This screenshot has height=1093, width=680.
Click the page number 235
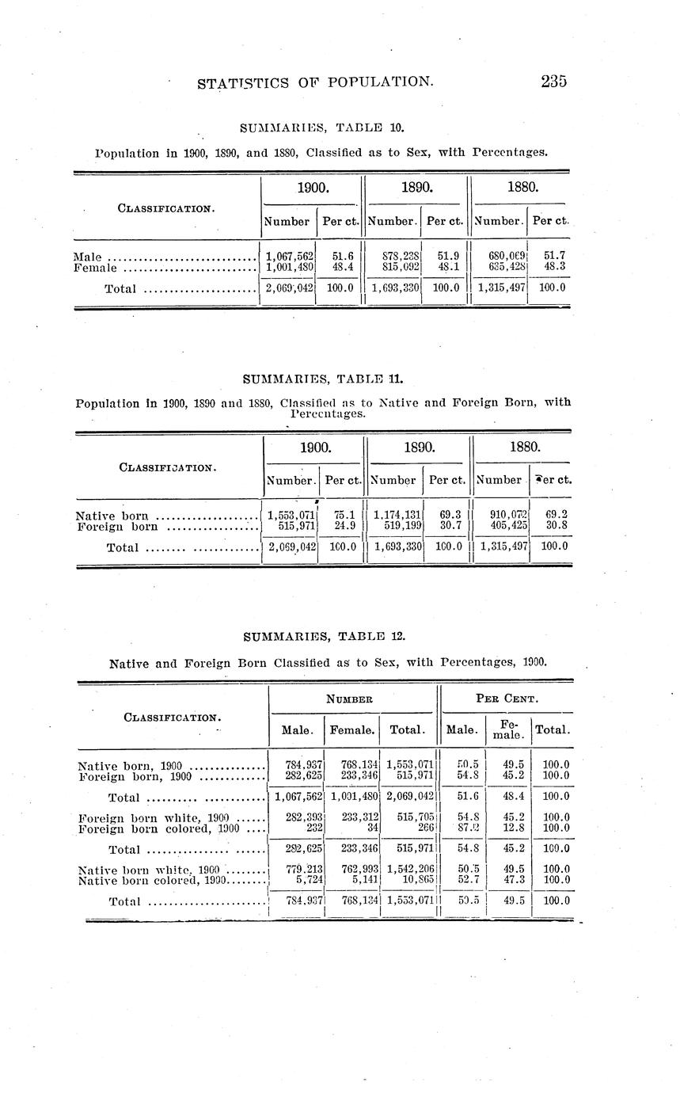554,81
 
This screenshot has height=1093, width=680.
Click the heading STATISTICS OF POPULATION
315,82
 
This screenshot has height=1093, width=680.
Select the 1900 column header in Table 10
312,189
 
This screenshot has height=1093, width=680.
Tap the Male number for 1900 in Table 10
291,257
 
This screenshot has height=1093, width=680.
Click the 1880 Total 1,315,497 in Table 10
502,288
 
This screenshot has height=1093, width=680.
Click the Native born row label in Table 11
112,515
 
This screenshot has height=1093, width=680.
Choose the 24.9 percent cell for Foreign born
342,525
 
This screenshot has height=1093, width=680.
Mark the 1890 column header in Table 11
419,448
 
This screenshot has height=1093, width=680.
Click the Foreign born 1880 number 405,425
504,525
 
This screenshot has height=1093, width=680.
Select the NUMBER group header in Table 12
351,699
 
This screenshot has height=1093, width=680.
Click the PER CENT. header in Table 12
507,699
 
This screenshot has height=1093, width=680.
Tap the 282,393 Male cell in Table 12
305,817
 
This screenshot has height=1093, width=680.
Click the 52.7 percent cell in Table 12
463,879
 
